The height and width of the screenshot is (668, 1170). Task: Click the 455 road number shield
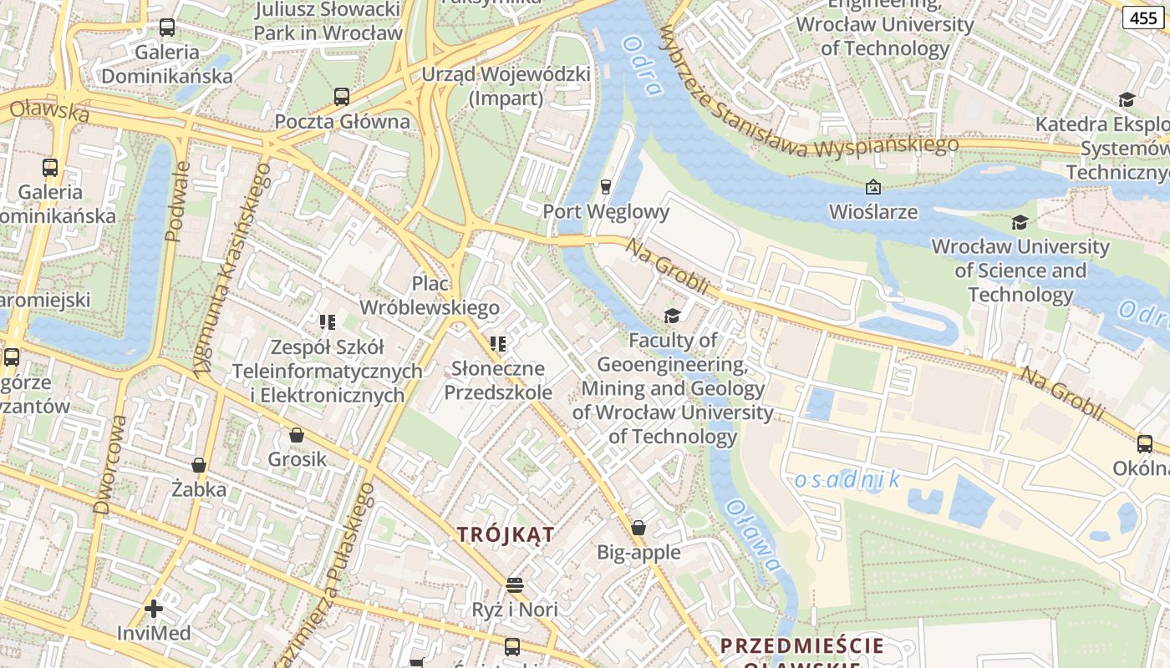click(x=1143, y=18)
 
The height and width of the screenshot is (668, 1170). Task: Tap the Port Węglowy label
click(x=606, y=211)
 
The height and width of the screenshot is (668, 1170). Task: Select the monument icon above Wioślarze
click(x=873, y=187)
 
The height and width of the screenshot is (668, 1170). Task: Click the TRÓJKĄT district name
click(x=506, y=534)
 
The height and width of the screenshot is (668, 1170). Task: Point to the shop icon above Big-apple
click(x=638, y=528)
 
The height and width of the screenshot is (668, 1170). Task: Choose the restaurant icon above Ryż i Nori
click(x=515, y=584)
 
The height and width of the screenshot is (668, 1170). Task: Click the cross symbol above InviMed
click(x=154, y=608)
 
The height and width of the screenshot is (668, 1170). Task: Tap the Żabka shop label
click(x=199, y=489)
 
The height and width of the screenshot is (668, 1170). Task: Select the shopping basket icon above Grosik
click(x=297, y=435)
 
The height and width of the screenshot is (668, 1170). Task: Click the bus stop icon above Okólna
click(x=1144, y=444)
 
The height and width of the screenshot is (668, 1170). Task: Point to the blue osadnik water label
click(x=847, y=479)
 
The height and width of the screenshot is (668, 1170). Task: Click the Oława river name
click(x=754, y=535)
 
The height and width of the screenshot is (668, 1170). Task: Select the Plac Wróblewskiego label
click(x=430, y=296)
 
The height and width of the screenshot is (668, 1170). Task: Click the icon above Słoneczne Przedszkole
click(x=498, y=344)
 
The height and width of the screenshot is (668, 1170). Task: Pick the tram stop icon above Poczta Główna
click(x=342, y=97)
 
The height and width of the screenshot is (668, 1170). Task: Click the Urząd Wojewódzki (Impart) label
click(x=506, y=86)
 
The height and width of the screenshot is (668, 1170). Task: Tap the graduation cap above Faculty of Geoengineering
click(x=672, y=316)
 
